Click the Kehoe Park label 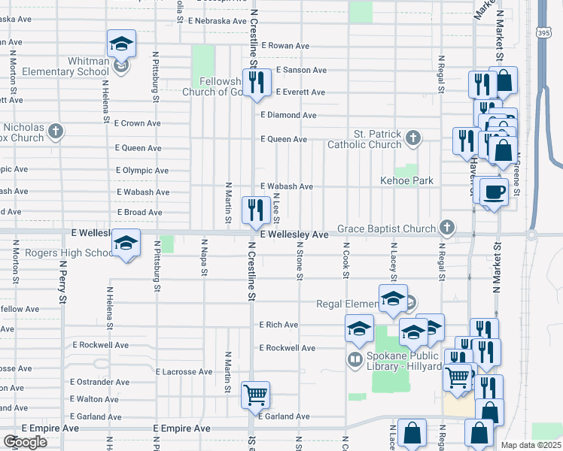point(407,181)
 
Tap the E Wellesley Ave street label point(294,235)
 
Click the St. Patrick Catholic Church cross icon point(412,138)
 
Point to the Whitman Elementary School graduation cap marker point(120,46)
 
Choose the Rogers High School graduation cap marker point(126,244)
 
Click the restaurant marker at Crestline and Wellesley point(256,210)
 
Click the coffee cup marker point(493,193)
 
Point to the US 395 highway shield point(544,33)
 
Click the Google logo point(25,442)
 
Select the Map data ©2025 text point(531,445)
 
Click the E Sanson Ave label point(301,70)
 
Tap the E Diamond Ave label point(288,115)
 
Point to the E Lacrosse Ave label point(184,371)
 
